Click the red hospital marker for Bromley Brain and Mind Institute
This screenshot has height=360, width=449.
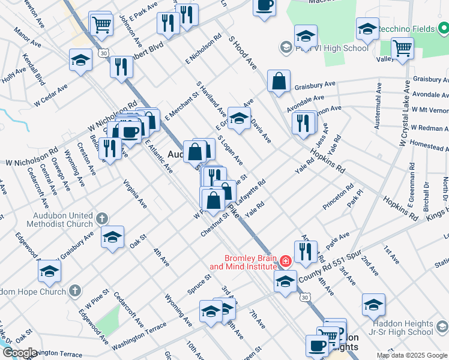[x=285, y=261]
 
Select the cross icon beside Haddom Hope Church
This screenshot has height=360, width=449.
[x=74, y=291]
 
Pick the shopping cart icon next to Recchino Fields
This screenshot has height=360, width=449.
[x=402, y=49]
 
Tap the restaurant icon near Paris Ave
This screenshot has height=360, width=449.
[x=306, y=251]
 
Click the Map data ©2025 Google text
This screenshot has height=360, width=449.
[x=411, y=355]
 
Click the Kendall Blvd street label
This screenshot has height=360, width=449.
[x=34, y=70]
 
